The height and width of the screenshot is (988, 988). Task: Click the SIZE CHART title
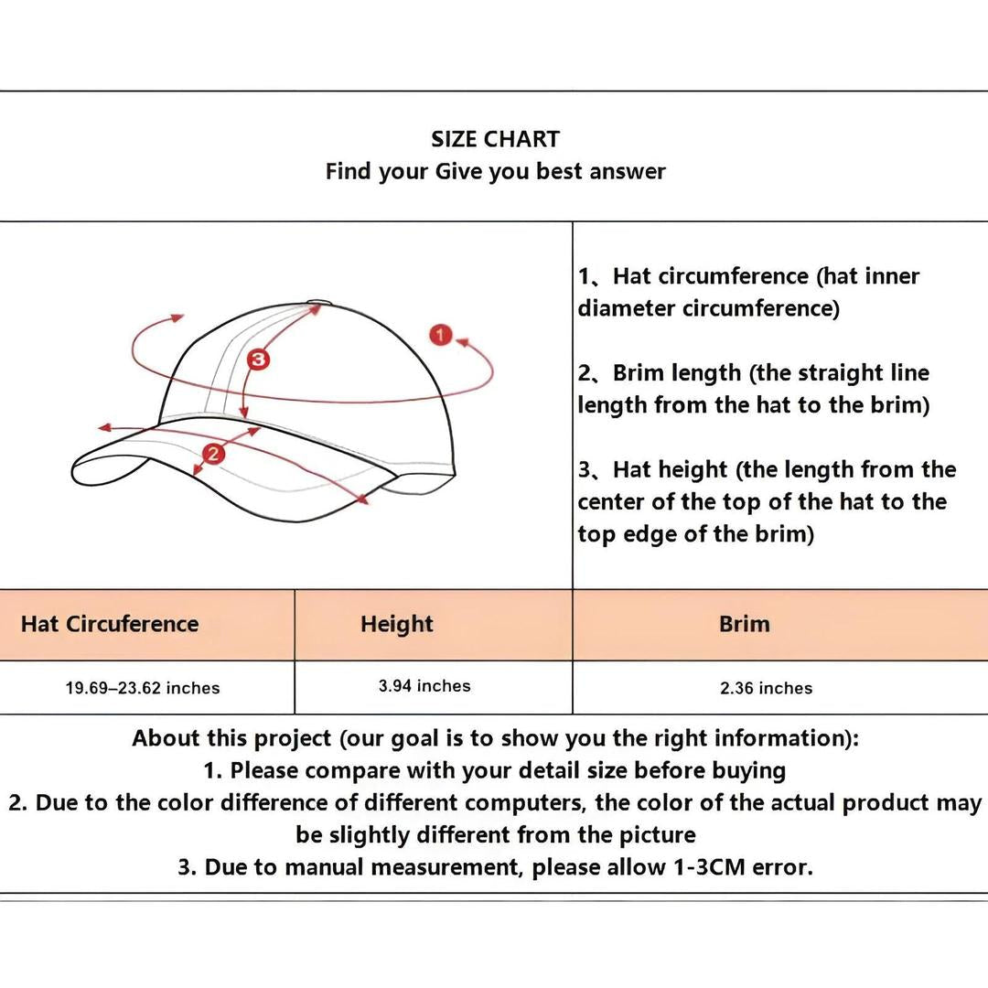(495, 139)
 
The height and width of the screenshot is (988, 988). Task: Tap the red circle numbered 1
(440, 335)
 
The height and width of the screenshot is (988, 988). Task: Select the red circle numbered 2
(213, 454)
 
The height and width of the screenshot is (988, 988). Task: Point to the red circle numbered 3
(257, 360)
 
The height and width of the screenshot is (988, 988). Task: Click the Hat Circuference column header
(110, 624)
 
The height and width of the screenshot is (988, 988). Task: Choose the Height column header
(397, 624)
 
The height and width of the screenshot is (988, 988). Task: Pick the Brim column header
(744, 624)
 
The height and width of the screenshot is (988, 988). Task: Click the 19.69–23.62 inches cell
(143, 688)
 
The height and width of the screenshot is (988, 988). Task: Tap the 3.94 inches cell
(424, 685)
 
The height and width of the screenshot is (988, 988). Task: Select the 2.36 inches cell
(767, 688)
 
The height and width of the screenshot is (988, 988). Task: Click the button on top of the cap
(315, 303)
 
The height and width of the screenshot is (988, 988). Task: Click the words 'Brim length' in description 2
(677, 373)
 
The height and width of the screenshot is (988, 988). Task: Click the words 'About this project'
(231, 738)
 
